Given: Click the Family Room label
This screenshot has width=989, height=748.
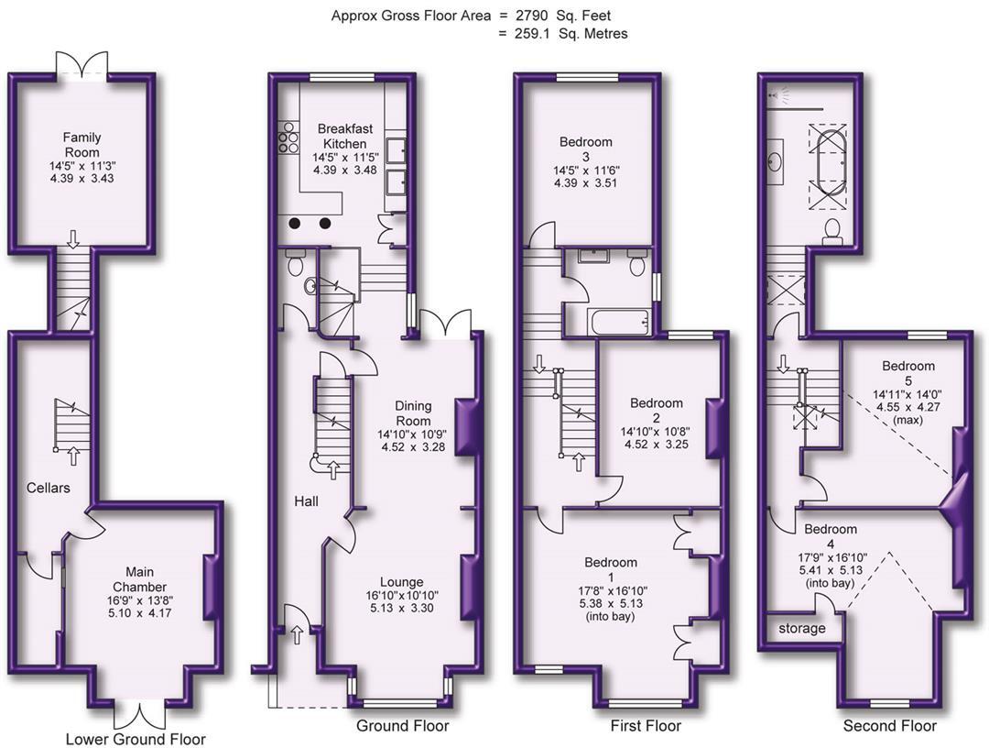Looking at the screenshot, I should (82, 144).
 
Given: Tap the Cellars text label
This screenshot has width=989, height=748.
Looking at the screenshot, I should (48, 488).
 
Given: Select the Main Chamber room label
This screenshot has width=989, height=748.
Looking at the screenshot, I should (139, 579).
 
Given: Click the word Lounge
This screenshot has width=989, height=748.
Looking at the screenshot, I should (402, 581).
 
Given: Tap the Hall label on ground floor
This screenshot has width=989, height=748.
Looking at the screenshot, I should (306, 501).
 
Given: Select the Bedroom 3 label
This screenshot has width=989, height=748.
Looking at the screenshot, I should (586, 142).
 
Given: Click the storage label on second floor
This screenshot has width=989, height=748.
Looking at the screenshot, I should (802, 629).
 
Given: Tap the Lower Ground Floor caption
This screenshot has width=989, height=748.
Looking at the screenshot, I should (136, 739).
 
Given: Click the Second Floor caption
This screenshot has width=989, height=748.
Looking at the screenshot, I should (891, 726).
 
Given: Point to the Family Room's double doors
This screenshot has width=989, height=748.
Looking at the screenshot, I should (82, 65).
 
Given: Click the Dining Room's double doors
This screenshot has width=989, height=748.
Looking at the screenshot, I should (444, 323).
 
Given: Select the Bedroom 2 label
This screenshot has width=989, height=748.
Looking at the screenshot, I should (656, 403).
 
